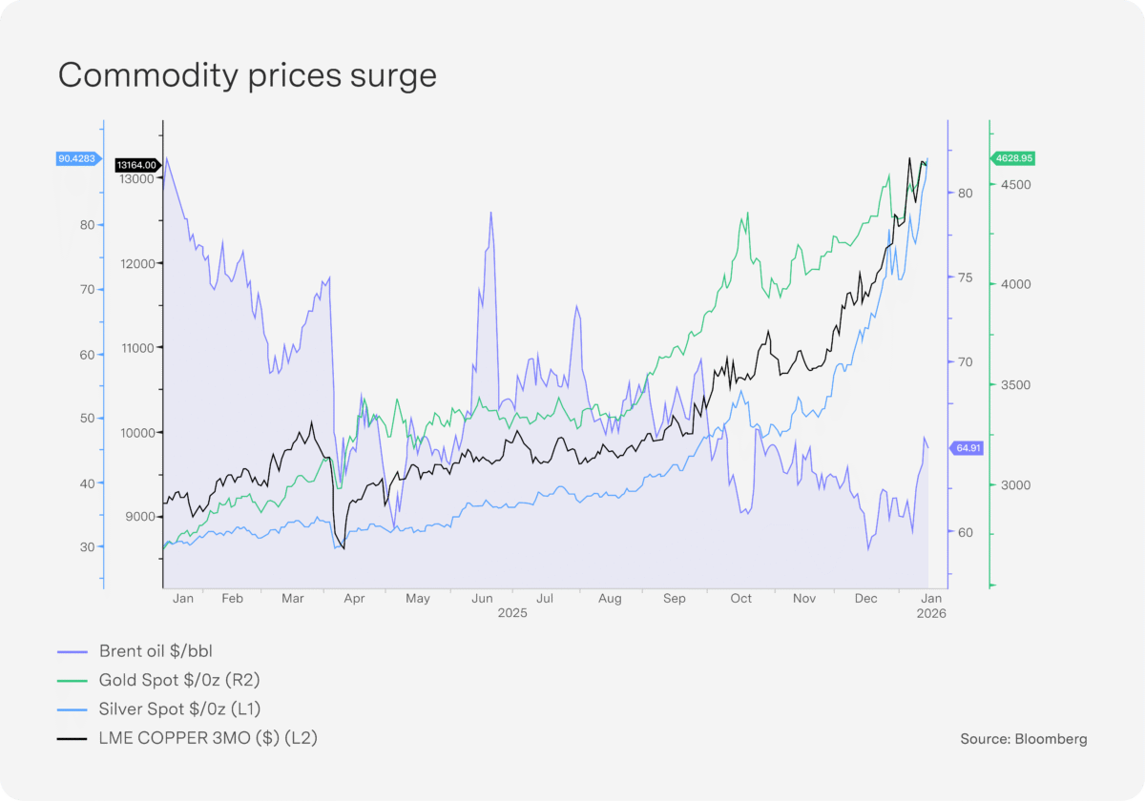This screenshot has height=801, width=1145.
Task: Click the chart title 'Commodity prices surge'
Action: [247, 75]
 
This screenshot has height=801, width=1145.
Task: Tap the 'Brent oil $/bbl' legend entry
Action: [156, 651]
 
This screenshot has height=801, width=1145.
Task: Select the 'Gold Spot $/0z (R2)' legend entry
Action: [179, 680]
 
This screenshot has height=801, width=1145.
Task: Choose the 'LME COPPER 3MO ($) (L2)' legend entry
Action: [207, 737]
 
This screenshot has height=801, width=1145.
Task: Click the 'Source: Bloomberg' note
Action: [1024, 738]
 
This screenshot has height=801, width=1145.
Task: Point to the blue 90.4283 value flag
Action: [76, 159]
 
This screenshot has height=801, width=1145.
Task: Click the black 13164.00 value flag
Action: [135, 165]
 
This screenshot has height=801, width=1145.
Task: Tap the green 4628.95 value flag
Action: [1013, 158]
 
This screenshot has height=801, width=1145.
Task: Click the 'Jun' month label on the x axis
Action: [482, 599]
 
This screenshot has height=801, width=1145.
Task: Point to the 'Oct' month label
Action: [740, 599]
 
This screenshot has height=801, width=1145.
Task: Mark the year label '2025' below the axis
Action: [512, 614]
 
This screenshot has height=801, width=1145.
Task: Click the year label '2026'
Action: [931, 614]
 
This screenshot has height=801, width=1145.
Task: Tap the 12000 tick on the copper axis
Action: [138, 263]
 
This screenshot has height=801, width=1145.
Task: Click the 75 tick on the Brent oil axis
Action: [964, 277]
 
